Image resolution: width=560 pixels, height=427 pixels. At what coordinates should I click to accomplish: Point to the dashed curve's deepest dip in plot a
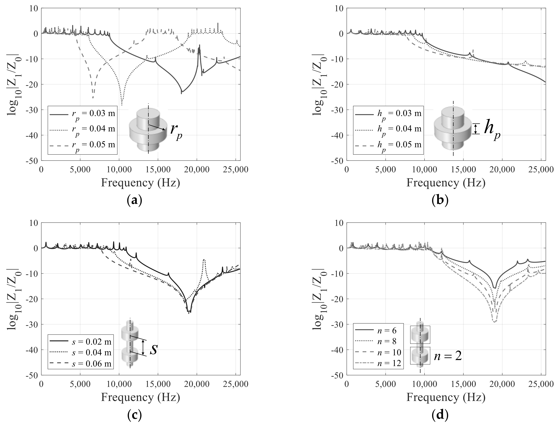(93, 97)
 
